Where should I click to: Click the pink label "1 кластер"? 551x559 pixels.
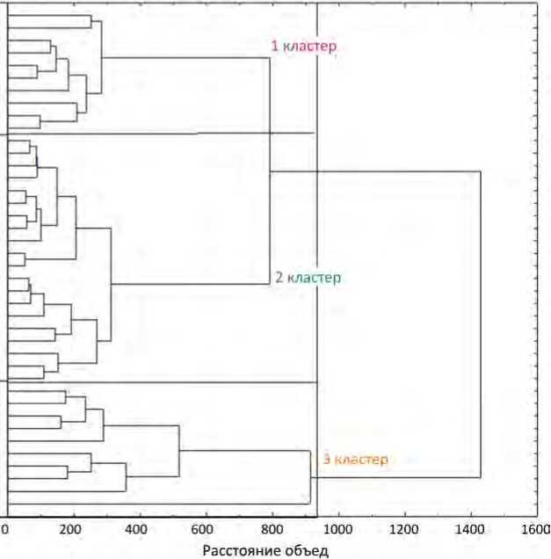tap(303, 46)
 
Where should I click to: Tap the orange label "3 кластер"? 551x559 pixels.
tap(354, 459)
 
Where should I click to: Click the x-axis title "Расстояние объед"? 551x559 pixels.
tap(265, 551)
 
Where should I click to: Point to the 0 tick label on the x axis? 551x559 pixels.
tap(5, 529)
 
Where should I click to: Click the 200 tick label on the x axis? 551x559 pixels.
tap(73, 529)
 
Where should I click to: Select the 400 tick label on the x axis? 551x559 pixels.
tap(139, 529)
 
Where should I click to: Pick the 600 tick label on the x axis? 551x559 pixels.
tap(206, 529)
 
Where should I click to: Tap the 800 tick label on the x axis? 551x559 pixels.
tap(272, 529)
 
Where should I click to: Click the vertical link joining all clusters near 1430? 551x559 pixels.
tap(481, 325)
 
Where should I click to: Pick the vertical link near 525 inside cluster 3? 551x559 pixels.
tap(179, 451)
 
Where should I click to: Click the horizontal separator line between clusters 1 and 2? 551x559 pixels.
tap(158, 133)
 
